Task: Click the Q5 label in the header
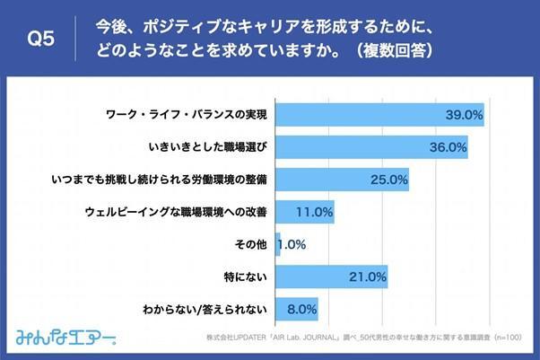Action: pos(41,39)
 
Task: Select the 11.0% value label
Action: pos(315,213)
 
